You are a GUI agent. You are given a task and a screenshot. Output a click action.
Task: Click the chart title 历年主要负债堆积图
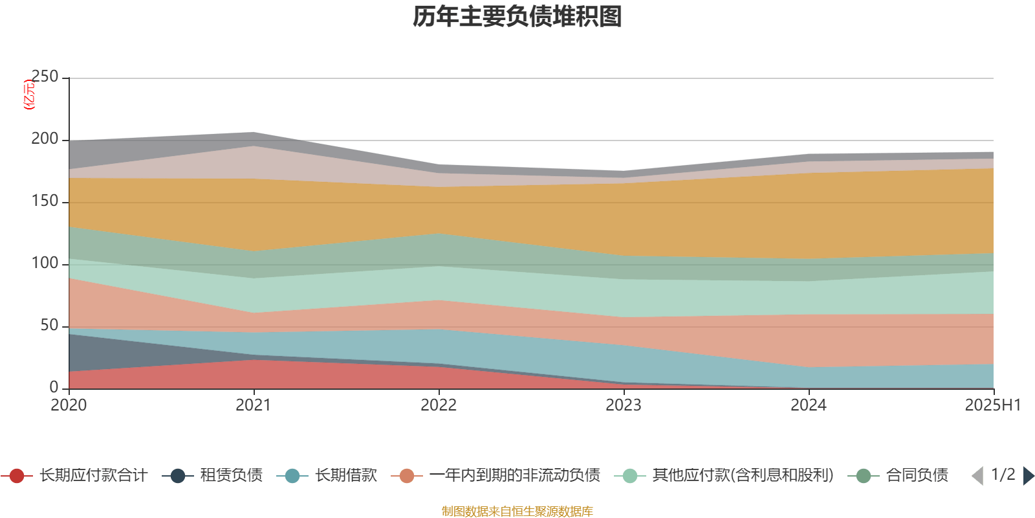point(517,17)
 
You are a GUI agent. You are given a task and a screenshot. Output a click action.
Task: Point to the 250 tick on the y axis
point(45,77)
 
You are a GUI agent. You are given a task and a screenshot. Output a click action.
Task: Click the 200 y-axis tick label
point(45,139)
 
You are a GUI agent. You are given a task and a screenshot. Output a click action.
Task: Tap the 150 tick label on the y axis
point(45,201)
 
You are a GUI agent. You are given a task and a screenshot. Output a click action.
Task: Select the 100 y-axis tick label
point(45,264)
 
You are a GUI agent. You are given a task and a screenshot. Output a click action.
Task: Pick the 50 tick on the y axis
point(49,326)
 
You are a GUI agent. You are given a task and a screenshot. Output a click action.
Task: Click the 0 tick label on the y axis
point(54,387)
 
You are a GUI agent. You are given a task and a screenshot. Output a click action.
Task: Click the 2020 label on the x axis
point(69,405)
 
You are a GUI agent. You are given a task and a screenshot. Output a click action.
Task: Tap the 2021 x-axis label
point(254,405)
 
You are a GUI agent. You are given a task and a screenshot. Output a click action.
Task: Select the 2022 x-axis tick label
point(439,405)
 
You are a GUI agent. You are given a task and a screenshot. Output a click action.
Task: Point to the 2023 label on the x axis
point(624,405)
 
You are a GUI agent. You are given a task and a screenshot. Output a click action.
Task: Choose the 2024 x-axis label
point(809,405)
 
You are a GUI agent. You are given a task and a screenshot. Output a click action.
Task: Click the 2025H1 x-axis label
point(992,405)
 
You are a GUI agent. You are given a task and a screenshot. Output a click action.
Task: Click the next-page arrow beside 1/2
point(1029,476)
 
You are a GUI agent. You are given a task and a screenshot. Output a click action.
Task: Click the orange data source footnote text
point(517,512)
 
